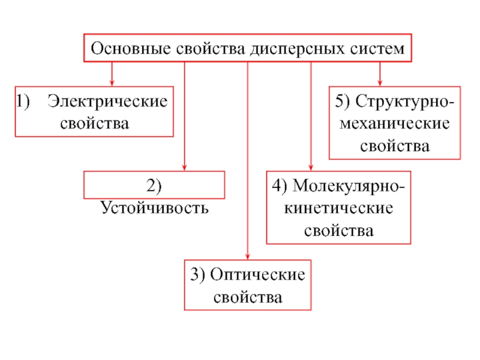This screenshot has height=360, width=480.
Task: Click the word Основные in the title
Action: point(131,49)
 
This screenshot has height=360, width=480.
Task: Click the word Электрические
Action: point(107,101)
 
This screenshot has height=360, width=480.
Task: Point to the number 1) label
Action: point(23,101)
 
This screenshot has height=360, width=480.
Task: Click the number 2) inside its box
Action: point(154,186)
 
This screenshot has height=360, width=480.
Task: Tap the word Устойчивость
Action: point(155,208)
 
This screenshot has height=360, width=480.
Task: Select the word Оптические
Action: point(257,275)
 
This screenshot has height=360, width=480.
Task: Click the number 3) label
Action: point(197,275)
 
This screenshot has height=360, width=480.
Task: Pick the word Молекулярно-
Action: point(349,186)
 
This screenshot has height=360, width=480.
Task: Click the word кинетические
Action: point(338,208)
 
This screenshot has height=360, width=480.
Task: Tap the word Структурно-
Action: point(404,101)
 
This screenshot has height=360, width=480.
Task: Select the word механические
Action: point(395,124)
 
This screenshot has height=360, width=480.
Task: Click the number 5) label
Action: point(342,101)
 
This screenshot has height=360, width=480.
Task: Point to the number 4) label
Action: point(280,186)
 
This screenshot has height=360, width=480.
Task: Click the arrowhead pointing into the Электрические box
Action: point(112,83)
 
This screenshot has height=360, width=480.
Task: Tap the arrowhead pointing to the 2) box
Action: point(184,167)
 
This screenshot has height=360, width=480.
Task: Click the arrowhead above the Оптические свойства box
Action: point(248,256)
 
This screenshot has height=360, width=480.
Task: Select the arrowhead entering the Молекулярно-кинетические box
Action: point(311,167)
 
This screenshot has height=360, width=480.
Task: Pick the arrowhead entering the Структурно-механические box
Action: point(380,83)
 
